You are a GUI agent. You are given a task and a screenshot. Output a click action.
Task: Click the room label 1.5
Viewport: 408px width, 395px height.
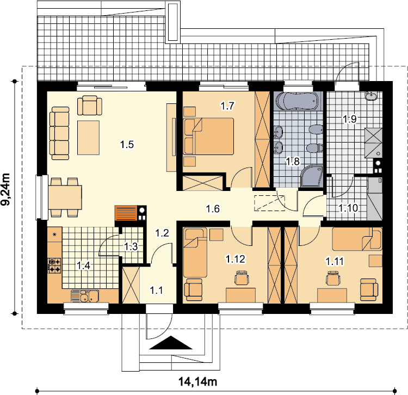[127, 144]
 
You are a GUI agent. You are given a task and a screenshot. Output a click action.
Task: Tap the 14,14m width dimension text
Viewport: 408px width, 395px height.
[197, 382]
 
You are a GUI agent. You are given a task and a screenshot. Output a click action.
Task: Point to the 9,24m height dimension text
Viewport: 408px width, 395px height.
[5, 189]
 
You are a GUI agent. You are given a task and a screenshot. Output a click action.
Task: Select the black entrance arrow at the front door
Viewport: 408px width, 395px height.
[171, 342]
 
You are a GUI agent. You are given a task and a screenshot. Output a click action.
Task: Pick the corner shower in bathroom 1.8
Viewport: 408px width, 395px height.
[312, 176]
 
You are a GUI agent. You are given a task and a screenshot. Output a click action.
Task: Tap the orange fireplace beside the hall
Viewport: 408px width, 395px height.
[126, 213]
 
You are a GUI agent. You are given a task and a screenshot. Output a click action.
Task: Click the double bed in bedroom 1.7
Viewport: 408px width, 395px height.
[209, 137]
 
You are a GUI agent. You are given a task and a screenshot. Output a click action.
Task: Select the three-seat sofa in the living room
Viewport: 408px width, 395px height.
[60, 133]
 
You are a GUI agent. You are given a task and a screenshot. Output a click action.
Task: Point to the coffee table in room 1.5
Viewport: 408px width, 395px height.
[88, 138]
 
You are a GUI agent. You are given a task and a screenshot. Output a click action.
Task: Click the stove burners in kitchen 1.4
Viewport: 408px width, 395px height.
[54, 265]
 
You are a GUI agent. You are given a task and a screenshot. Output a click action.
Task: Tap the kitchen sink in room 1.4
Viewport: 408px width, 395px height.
[84, 296]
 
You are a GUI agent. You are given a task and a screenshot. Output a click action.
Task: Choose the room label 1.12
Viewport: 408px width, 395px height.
[235, 259]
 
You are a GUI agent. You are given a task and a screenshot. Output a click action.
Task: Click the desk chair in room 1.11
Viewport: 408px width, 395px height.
[333, 278]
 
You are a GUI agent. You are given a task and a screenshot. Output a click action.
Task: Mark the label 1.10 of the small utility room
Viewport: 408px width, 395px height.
[348, 208]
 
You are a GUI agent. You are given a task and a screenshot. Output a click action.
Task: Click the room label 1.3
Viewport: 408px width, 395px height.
[131, 246]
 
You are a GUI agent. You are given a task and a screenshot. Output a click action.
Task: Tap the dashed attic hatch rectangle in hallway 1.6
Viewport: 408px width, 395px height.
[269, 203]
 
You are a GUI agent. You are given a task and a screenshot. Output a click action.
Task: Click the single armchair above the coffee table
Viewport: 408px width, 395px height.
[90, 105]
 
